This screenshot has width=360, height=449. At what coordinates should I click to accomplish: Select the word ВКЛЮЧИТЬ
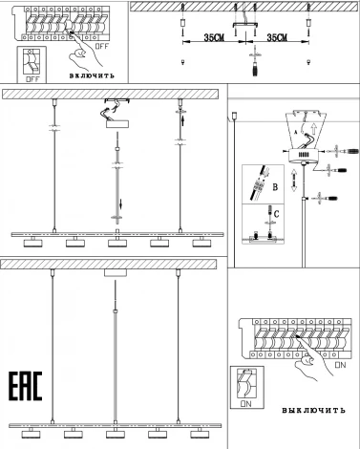point(93,74)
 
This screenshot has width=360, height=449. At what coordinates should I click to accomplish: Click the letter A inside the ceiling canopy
point(296,136)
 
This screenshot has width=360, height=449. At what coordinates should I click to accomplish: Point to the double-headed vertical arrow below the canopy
point(293,179)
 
